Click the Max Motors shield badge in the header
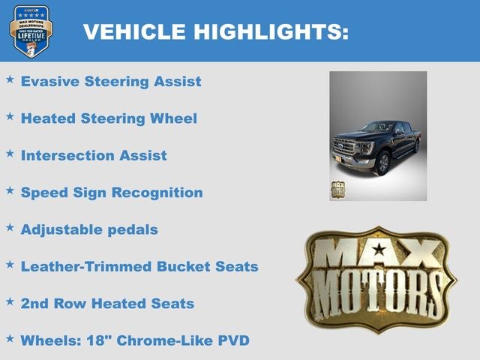pos(31,31)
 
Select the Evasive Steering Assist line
pos(111,81)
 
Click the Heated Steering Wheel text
pos(109,118)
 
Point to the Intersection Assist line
pos(94,155)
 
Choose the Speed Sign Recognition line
pos(112,192)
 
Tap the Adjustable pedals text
pos(89,229)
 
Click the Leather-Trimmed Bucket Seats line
pos(139,266)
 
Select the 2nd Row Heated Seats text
pos(107,303)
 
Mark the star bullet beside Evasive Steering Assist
pos(10,79)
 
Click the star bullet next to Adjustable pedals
pos(10,226)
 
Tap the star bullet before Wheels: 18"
pos(10,338)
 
